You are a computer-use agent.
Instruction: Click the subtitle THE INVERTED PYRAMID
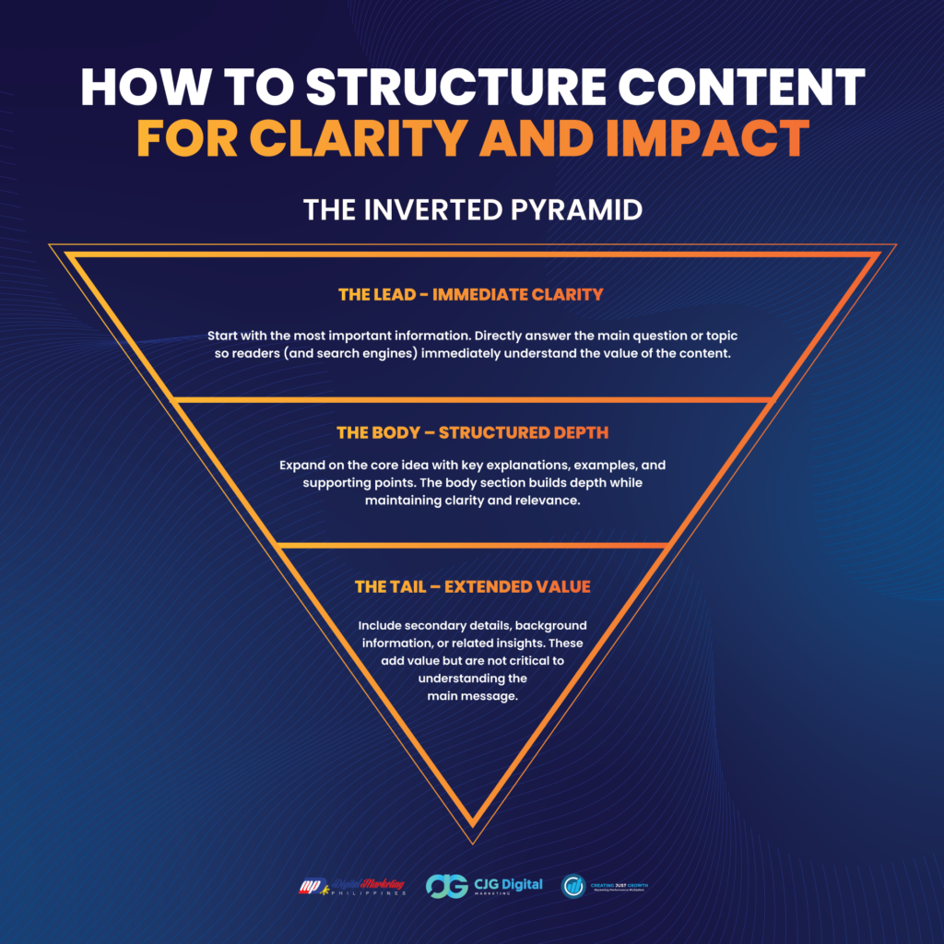(472, 210)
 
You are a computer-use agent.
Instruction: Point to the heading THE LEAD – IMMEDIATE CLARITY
(471, 295)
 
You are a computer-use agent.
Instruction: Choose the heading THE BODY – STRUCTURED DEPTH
(472, 432)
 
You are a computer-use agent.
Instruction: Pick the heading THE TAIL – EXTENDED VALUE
(472, 586)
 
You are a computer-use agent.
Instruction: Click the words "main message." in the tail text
(472, 696)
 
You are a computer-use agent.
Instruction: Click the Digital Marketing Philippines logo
(350, 887)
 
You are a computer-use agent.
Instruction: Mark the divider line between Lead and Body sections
(472, 400)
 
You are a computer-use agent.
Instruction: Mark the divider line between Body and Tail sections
(472, 544)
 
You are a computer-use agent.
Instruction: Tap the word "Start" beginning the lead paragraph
(224, 336)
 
